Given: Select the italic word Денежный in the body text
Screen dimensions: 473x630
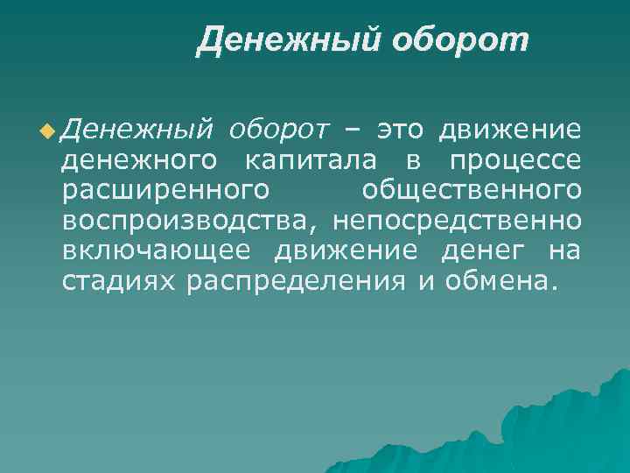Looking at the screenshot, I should (x=138, y=131).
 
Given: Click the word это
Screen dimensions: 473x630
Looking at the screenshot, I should (x=400, y=131).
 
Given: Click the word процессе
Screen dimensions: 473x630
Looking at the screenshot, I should (x=514, y=161).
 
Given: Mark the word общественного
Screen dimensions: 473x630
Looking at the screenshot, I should (x=471, y=191).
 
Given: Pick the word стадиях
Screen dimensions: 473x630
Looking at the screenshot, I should (x=120, y=281).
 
